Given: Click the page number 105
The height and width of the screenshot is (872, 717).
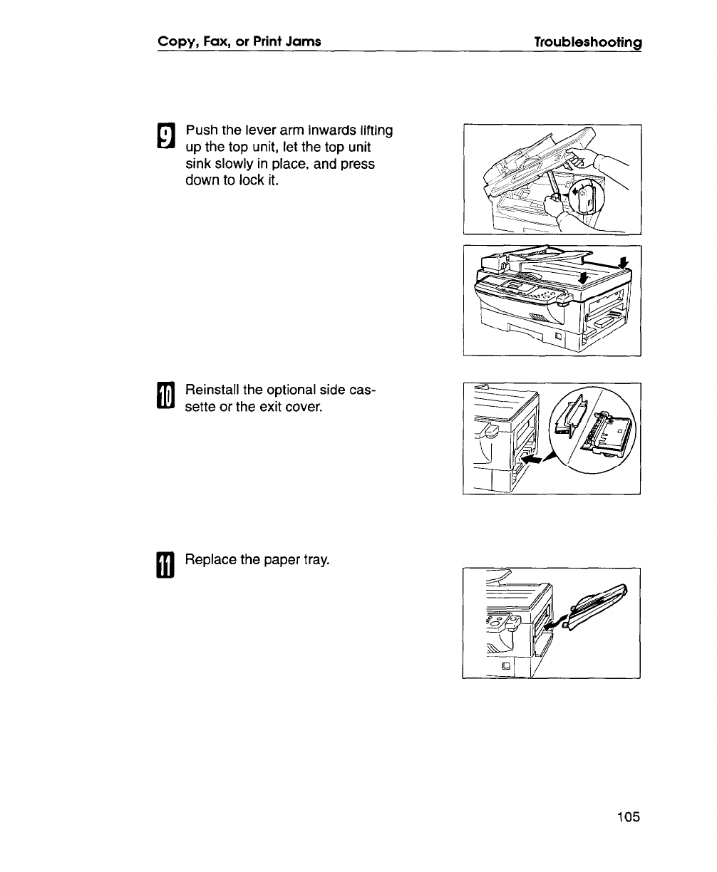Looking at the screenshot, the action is [629, 816].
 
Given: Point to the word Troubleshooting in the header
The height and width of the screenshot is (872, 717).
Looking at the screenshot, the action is [589, 42].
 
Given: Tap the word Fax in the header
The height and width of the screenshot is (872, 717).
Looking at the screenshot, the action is [213, 42].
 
